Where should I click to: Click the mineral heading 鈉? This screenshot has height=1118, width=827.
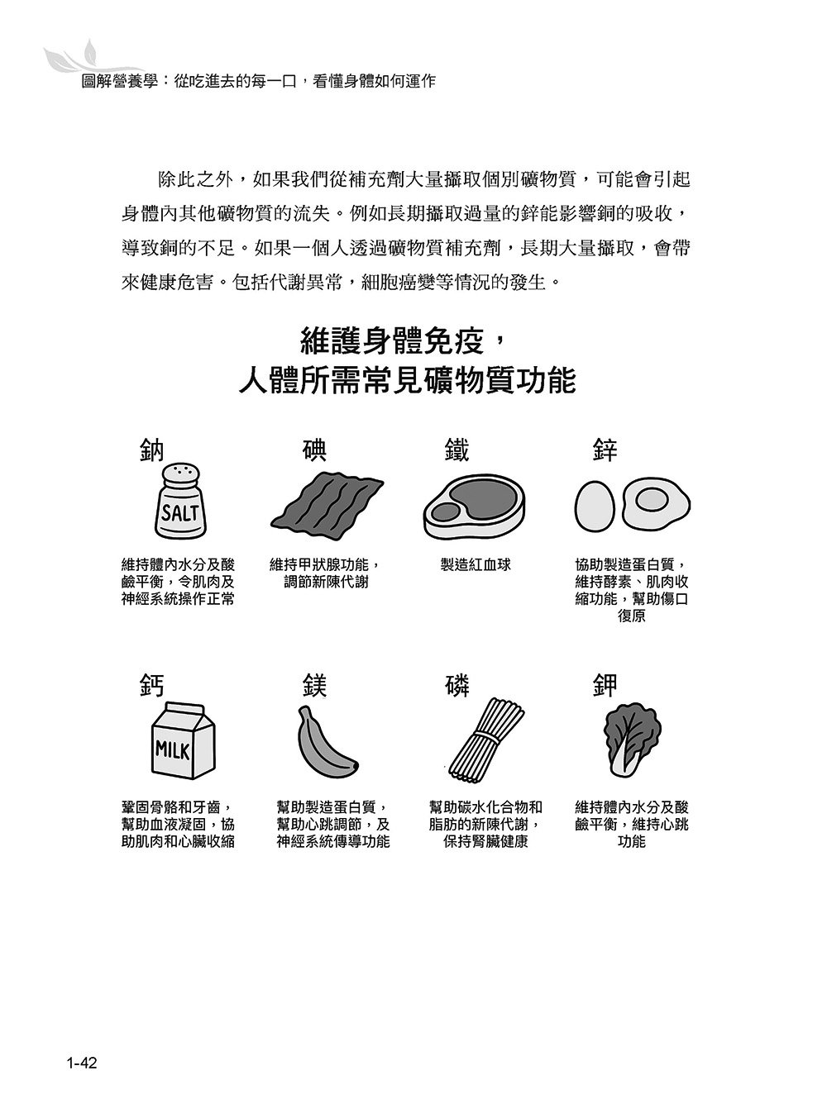153,450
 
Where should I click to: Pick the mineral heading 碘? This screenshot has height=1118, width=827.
314,450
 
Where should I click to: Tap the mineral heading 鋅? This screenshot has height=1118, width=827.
605,450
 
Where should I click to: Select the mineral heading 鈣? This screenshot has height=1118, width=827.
153,686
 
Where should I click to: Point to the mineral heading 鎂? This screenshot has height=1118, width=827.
314,686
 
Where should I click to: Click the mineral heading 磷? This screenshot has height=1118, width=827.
457,686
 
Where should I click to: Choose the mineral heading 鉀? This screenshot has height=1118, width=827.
605,686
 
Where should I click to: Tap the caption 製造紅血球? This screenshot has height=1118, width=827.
476,565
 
